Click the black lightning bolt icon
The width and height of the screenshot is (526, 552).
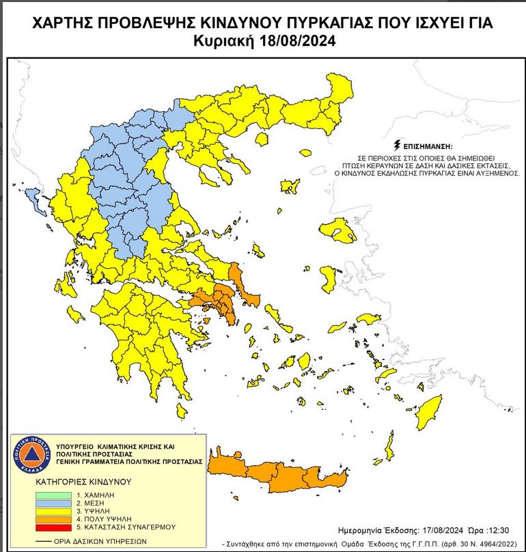click(x=396, y=146)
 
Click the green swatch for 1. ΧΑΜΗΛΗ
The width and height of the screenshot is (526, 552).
click(x=51, y=495)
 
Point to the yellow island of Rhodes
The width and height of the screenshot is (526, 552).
click(x=430, y=411)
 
